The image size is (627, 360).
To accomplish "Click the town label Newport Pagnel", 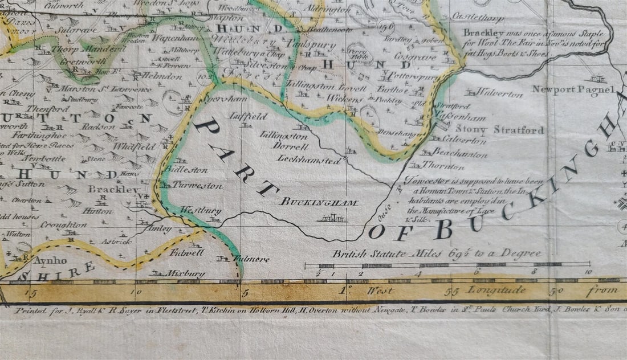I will pyautogui.click(x=573, y=89).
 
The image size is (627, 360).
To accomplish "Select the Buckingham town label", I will pyautogui.click(x=319, y=202).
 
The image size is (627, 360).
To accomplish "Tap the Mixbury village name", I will pyautogui.click(x=185, y=273).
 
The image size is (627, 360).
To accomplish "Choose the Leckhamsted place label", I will pyautogui.click(x=309, y=160).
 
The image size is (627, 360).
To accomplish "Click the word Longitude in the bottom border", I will pyautogui.click(x=497, y=290).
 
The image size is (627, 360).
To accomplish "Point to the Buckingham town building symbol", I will pyautogui.click(x=332, y=217).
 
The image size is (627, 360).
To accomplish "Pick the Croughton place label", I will pyautogui.click(x=63, y=224).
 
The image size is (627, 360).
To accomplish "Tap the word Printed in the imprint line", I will pyautogui.click(x=28, y=311).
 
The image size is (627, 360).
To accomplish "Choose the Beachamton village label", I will pyautogui.click(x=459, y=154).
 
